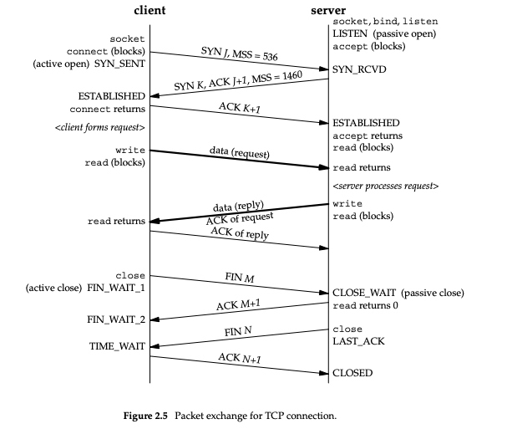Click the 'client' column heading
150,11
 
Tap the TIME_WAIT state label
118,345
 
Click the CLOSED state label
352,372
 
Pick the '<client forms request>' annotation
104,128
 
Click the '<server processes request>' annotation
385,185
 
